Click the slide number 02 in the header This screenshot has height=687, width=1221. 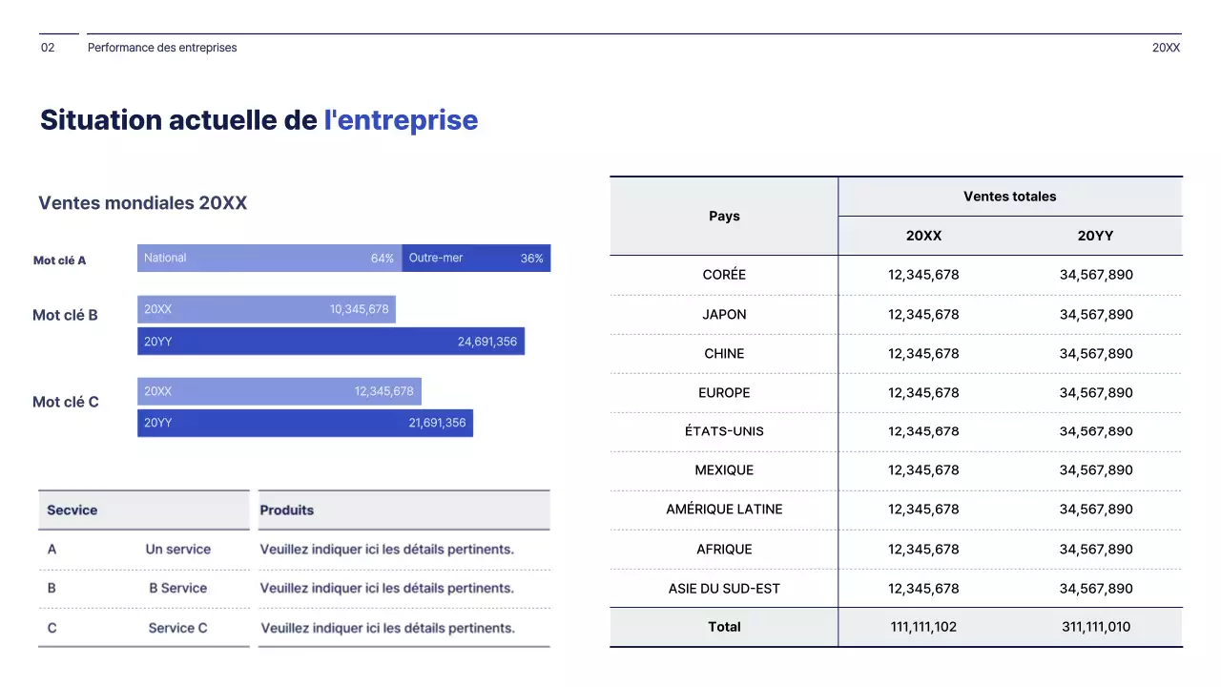pyautogui.click(x=48, y=48)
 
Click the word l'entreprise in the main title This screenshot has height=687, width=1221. pyautogui.click(x=401, y=120)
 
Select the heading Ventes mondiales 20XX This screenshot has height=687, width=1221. pyautogui.click(x=142, y=203)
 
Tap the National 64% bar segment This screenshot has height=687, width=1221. pyautogui.click(x=269, y=258)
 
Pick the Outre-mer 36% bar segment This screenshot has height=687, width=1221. pyautogui.click(x=476, y=258)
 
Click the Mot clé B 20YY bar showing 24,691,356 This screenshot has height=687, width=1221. pyautogui.click(x=330, y=342)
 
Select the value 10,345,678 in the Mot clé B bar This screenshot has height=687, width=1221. pyautogui.click(x=360, y=309)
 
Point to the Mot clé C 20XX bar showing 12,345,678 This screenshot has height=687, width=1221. pyautogui.click(x=279, y=391)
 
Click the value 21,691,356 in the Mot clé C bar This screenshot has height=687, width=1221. pyautogui.click(x=437, y=423)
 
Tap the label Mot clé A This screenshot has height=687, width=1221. pyautogui.click(x=60, y=260)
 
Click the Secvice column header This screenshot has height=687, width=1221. pyautogui.click(x=72, y=510)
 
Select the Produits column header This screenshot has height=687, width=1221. pyautogui.click(x=287, y=510)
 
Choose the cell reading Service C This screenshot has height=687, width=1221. pyautogui.click(x=177, y=628)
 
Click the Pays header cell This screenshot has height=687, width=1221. pyautogui.click(x=724, y=216)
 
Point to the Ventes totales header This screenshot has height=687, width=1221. pyautogui.click(x=1009, y=197)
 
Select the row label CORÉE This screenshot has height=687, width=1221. pyautogui.click(x=724, y=275)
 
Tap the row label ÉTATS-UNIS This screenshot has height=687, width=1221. pyautogui.click(x=724, y=431)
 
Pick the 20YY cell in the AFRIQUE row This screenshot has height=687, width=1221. pyautogui.click(x=1096, y=550)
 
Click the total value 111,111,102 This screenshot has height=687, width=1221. pyautogui.click(x=922, y=627)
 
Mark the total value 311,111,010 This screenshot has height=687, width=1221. pyautogui.click(x=1096, y=627)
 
